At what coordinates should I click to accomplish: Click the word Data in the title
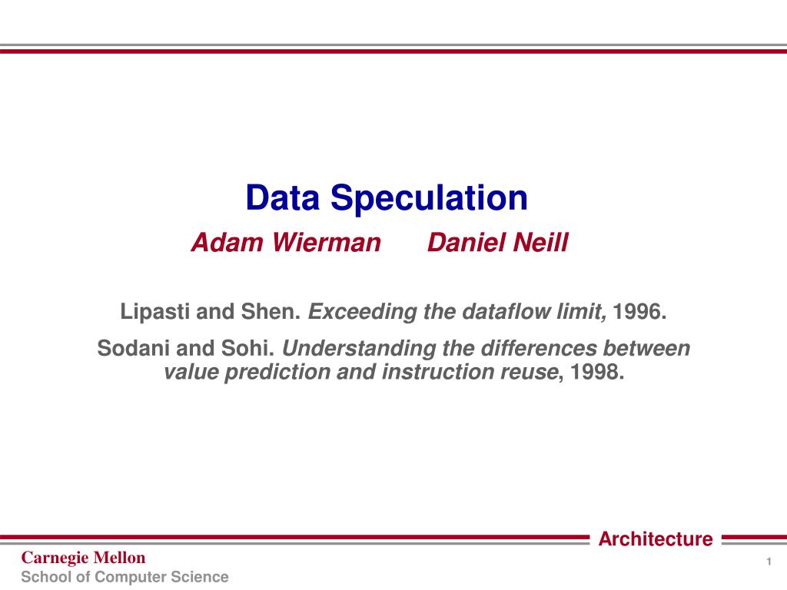pyautogui.click(x=283, y=197)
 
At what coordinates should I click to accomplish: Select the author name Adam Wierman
pyautogui.click(x=286, y=242)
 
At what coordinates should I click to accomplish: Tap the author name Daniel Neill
pyautogui.click(x=498, y=242)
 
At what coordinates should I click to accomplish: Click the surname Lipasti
pyautogui.click(x=155, y=312)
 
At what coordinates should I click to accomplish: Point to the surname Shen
pyautogui.click(x=271, y=312)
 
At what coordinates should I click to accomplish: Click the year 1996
pyautogui.click(x=639, y=312)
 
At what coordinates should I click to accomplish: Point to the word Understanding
pyautogui.click(x=359, y=349)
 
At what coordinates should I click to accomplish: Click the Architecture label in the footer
pyautogui.click(x=656, y=539)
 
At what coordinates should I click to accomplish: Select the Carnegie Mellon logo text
pyautogui.click(x=83, y=558)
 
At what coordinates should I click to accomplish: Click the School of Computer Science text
pyautogui.click(x=125, y=577)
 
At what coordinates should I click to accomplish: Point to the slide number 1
pyautogui.click(x=769, y=562)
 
